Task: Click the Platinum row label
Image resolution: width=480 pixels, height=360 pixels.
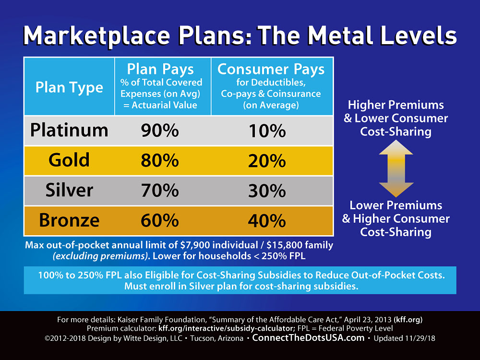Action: pos(69,130)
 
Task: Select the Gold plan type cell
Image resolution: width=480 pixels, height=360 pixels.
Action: pos(69,160)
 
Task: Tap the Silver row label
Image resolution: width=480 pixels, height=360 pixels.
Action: pos(69,190)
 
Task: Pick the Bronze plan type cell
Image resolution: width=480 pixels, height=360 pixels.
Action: pos(69,220)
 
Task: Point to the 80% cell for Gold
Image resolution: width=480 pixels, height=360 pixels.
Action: pos(160,161)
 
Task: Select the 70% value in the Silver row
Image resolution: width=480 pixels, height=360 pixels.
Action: pos(160,191)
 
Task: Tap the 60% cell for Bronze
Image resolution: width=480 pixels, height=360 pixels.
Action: pos(160,220)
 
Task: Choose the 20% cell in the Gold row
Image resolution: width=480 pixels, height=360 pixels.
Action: pos(267,161)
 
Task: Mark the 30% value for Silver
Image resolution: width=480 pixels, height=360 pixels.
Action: pos(267,191)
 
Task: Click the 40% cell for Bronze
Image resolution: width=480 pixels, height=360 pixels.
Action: pos(267,220)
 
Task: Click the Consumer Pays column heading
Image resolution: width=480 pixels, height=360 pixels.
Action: pos(271,69)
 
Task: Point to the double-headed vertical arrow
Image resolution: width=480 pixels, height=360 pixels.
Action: pos(396,168)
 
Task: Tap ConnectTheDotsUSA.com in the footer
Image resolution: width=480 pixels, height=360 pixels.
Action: pos(308,338)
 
